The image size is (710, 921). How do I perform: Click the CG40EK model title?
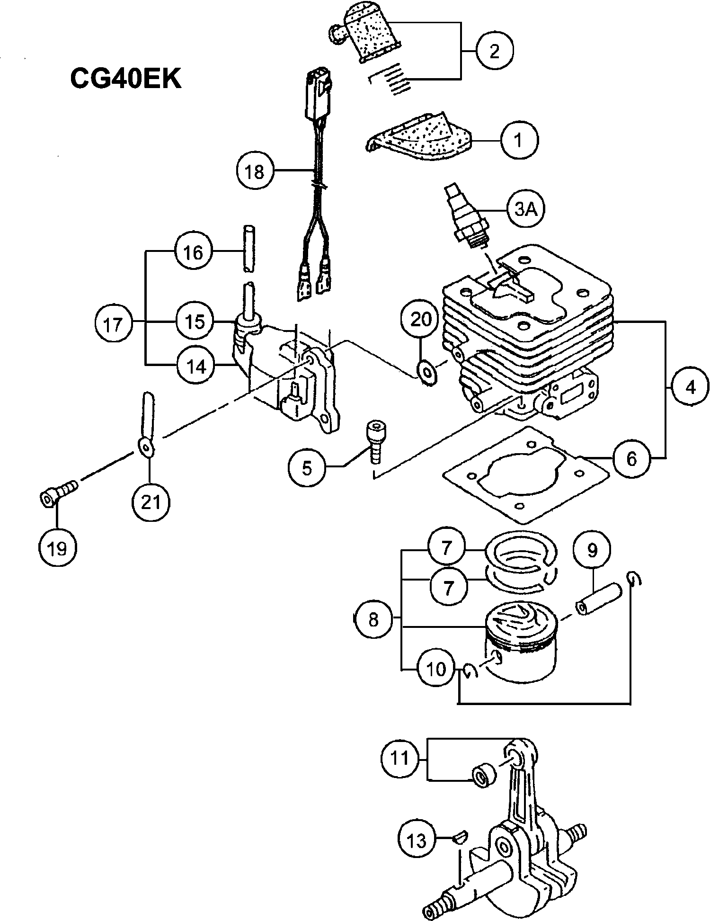click(x=126, y=78)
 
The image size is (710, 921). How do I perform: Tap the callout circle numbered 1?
click(x=519, y=140)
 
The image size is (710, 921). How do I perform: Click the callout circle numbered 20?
click(x=421, y=320)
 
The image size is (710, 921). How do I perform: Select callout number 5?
click(x=307, y=468)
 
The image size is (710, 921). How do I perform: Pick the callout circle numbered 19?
click(x=57, y=549)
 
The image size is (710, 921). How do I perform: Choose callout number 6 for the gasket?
click(x=631, y=458)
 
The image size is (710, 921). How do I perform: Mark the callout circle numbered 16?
click(x=193, y=252)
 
